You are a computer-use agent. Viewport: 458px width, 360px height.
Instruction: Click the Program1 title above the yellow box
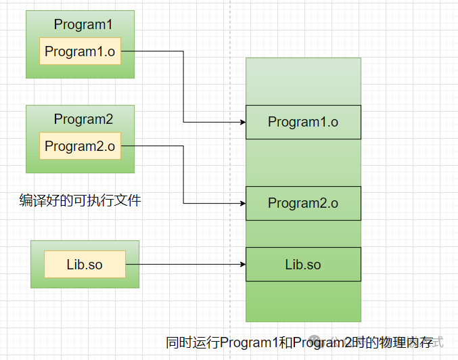[x=83, y=25]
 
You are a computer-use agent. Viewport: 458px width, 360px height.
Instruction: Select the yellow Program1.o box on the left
[x=80, y=51]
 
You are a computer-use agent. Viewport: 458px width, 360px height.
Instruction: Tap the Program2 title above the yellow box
[x=83, y=120]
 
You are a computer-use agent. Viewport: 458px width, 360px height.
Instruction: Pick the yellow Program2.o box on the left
[x=80, y=146]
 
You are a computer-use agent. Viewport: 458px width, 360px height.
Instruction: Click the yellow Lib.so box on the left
[x=85, y=264]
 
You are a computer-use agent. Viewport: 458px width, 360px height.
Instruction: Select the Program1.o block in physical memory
[x=303, y=122]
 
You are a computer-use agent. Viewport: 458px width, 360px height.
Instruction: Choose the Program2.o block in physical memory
[x=303, y=203]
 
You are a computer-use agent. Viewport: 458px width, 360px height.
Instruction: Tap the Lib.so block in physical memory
[x=303, y=265]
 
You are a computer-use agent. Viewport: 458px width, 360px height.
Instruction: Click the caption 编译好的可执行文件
[x=81, y=200]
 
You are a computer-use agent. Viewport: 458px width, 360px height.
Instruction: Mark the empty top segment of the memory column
[x=303, y=81]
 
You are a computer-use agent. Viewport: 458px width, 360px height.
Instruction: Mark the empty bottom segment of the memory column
[x=303, y=301]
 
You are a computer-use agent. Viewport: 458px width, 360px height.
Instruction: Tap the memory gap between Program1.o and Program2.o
[x=303, y=162]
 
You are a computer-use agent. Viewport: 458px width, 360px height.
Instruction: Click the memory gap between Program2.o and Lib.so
[x=303, y=233]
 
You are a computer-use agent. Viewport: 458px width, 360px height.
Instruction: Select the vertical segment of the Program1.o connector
[x=183, y=87]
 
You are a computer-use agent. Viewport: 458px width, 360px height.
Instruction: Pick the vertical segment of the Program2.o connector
[x=183, y=175]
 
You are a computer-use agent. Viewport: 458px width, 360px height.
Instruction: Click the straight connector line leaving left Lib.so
[x=183, y=265]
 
